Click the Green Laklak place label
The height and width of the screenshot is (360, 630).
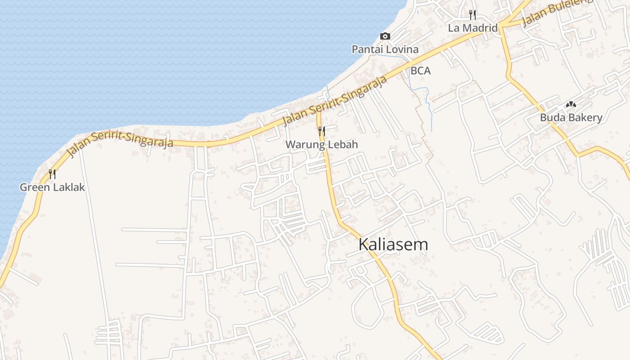point(52,187)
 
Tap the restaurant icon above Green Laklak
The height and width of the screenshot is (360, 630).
point(52,174)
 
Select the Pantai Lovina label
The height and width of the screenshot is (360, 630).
point(385,49)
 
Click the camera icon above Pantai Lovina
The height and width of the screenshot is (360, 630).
point(385,36)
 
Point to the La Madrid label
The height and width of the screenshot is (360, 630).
point(472,28)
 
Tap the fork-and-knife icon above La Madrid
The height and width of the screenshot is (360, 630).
point(472,15)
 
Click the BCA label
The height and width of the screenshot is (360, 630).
point(420,71)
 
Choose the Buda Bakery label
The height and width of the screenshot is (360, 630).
point(571,118)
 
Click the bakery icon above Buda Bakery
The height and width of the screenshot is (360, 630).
point(571,104)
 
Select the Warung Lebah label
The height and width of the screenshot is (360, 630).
point(322,144)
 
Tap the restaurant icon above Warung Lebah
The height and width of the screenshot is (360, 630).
point(321,131)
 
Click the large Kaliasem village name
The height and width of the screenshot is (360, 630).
point(393,244)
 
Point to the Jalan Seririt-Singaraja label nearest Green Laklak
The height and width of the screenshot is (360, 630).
point(120,143)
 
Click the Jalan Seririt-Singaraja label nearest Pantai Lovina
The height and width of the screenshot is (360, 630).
point(335,101)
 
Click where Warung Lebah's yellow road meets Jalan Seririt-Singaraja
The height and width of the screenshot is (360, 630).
point(319,111)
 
